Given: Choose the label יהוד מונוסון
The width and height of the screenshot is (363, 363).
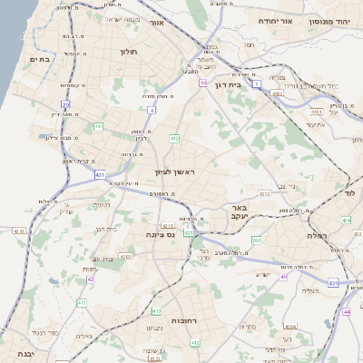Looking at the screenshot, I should (329, 20).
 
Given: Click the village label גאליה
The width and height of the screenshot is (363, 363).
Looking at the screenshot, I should (83, 336).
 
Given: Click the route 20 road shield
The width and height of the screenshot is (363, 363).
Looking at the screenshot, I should (66, 88).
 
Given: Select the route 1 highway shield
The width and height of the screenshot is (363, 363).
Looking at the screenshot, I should (257, 83).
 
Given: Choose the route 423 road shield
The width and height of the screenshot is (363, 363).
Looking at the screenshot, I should (188, 233).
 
